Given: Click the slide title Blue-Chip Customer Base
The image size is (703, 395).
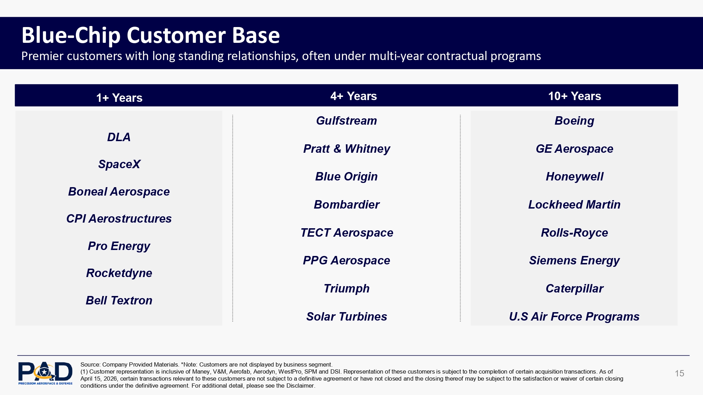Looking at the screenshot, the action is click(150, 35).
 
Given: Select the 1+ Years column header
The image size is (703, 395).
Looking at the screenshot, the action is click(119, 98).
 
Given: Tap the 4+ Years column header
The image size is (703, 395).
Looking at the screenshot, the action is click(353, 96).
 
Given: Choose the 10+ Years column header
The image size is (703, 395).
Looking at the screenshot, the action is click(574, 96).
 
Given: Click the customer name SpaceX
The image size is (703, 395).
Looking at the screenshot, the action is click(119, 164).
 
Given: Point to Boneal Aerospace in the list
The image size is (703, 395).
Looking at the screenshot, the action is click(119, 192).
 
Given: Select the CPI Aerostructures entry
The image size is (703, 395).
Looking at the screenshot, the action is click(119, 219).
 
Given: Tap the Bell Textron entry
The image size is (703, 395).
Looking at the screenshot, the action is click(119, 301).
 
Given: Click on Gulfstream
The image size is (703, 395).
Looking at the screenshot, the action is click(346, 121).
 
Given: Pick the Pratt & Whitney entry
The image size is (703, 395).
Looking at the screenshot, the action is click(347, 149).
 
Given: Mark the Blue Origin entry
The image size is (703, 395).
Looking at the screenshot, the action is click(346, 177).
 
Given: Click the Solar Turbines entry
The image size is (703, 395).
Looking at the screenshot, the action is click(347, 317).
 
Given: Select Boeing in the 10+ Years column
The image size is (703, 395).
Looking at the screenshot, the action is click(574, 121).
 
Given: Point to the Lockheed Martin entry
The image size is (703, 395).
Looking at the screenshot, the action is click(574, 205).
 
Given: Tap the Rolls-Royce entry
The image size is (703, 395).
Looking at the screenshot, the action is click(574, 233).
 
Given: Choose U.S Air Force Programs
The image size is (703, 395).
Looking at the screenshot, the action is click(574, 317).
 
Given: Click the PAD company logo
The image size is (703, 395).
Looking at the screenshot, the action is click(45, 373).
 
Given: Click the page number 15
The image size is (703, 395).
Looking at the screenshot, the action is click(679, 373).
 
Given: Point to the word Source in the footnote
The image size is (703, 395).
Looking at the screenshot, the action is click(90, 364).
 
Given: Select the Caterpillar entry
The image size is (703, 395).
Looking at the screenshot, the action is click(574, 289).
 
